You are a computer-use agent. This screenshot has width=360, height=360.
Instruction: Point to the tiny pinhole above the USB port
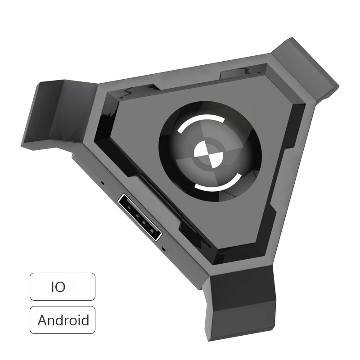pos(103,183)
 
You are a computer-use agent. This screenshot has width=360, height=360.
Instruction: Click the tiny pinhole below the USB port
pos(164,247)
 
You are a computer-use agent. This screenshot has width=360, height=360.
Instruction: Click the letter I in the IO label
pos(53,287)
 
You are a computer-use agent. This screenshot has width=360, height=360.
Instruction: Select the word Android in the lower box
pos(63,320)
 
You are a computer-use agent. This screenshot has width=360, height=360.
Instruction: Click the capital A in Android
pos(43,320)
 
